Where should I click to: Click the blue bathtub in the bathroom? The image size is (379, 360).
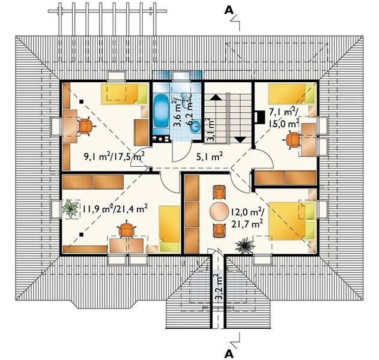[161, 111]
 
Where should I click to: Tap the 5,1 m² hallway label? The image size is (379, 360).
[209, 157]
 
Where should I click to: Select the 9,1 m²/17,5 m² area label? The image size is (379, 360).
[114, 157]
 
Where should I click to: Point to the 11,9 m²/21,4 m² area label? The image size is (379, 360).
[115, 208]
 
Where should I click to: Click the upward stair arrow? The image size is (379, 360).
[216, 97]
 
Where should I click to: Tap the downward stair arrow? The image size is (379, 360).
[240, 140]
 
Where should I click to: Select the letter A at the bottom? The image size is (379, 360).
[229, 354]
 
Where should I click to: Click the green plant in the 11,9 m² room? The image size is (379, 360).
[70, 209]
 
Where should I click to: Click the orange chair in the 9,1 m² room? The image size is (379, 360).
[85, 126]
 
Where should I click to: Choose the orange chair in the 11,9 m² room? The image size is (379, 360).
[126, 230]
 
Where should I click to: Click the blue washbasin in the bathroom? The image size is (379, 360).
[195, 126]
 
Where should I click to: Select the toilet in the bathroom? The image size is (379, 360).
[187, 100]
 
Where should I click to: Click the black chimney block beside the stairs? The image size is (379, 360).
[259, 117]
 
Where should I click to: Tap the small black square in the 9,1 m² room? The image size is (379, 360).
[82, 101]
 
